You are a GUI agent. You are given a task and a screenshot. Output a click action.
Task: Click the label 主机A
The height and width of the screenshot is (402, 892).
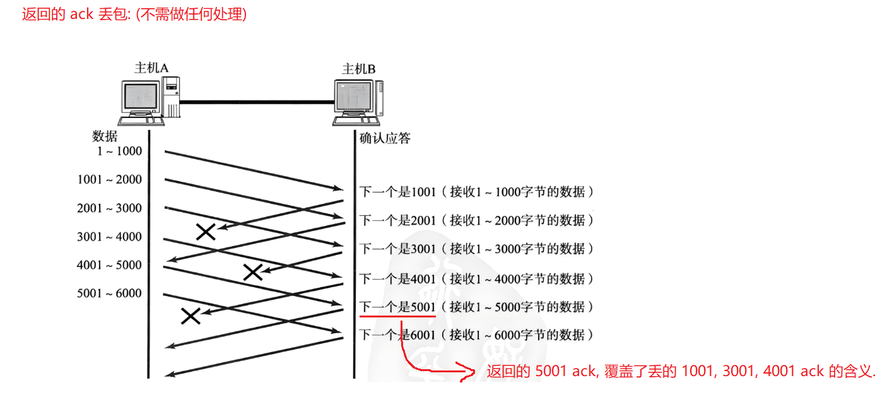click(x=151, y=68)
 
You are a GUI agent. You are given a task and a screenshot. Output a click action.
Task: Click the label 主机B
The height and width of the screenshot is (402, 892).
click(x=358, y=68)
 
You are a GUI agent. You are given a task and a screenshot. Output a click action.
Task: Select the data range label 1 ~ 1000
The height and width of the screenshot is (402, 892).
click(x=119, y=151)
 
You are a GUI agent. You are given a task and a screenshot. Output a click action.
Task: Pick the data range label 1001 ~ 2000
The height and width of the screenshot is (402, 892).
click(x=110, y=180)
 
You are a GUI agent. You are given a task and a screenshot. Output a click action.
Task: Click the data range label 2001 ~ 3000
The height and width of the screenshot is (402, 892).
click(x=110, y=208)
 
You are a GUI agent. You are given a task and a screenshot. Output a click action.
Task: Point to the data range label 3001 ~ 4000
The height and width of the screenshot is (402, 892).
click(x=110, y=237)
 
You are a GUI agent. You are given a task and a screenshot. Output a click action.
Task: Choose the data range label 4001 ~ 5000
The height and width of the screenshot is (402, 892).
click(x=110, y=265)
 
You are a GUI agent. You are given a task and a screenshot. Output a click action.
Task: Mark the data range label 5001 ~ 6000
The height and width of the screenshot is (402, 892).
click(x=110, y=293)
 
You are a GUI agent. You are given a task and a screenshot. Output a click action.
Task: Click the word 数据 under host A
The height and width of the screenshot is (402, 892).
click(x=105, y=136)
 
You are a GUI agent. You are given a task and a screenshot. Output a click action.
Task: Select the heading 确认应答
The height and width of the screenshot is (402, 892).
click(x=385, y=138)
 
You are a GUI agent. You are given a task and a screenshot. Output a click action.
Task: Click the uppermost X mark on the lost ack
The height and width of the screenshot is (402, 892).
click(x=206, y=232)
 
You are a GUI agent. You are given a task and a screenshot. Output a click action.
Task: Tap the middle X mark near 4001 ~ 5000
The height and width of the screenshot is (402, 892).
click(x=252, y=272)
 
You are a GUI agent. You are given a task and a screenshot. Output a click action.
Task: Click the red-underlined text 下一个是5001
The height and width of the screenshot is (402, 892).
click(x=397, y=307)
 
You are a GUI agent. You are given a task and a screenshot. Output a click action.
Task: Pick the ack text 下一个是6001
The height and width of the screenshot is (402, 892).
click(x=397, y=334)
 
